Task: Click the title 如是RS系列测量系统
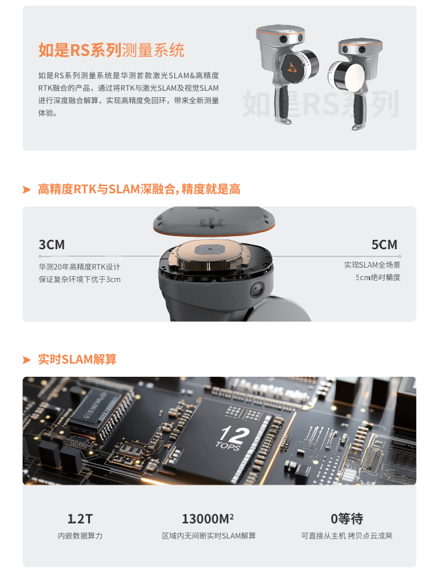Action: coord(111,50)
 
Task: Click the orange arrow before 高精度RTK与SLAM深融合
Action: coord(26,189)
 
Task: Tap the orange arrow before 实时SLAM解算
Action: coord(26,360)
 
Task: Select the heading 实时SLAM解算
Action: coord(77,359)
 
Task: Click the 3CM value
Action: coord(52,245)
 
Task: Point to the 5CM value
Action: coord(384,245)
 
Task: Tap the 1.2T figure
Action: coord(80,519)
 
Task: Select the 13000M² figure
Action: coord(208,519)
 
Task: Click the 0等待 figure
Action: coord(346,519)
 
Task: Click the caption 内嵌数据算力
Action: coord(80,536)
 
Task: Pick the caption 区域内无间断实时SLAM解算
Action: coord(208,536)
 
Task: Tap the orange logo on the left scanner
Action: coord(292,67)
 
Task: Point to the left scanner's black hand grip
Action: coord(283,105)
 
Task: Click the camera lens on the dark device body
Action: coord(258,290)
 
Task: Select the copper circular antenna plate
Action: coord(210,255)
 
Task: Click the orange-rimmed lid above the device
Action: coord(214,220)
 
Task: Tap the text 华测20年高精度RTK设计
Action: coord(80,267)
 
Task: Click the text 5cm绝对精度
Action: coord(377,277)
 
